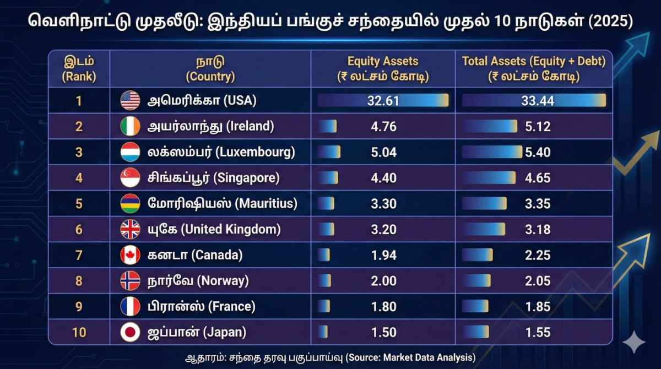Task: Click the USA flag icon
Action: tap(131, 101)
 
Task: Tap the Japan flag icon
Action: tap(131, 332)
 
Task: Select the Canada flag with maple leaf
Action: tap(131, 255)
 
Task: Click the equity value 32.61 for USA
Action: tap(383, 101)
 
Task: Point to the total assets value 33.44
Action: tap(538, 101)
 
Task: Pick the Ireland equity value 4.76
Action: tap(384, 127)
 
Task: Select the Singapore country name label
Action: tap(214, 178)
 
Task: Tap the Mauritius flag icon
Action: tap(131, 204)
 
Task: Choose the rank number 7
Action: tap(79, 255)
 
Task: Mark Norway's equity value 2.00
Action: tap(384, 281)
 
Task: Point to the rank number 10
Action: tap(79, 332)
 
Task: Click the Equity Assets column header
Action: tap(383, 69)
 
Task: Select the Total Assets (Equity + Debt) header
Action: tap(534, 69)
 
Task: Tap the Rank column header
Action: tap(79, 69)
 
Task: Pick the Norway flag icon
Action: tap(131, 281)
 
